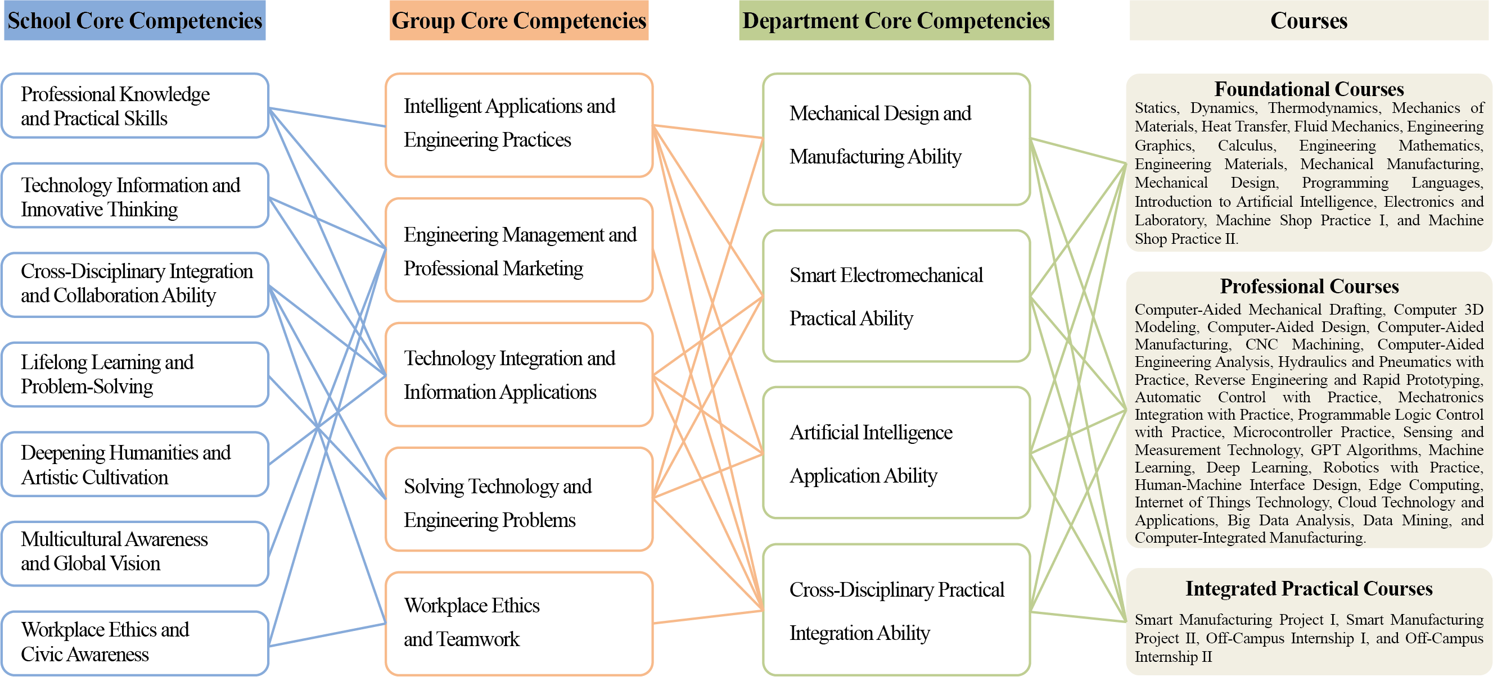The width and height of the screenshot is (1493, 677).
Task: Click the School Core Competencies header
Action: click(134, 21)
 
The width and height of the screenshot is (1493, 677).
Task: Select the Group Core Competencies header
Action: click(518, 21)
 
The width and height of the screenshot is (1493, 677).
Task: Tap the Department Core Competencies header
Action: click(896, 21)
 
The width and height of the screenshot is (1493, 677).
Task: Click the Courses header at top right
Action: click(1309, 21)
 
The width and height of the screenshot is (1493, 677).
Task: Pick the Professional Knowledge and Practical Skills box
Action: click(134, 106)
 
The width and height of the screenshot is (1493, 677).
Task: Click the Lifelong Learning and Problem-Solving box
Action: click(134, 374)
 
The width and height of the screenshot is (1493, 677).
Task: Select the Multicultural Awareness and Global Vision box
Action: click(134, 552)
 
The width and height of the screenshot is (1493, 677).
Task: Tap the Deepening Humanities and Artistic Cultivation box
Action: click(134, 465)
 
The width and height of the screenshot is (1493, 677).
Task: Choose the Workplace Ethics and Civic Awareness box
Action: click(134, 642)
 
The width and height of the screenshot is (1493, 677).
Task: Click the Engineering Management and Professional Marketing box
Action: click(518, 251)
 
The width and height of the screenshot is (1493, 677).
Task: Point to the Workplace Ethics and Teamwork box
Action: click(518, 623)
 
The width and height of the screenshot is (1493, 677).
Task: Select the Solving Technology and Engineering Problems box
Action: click(518, 503)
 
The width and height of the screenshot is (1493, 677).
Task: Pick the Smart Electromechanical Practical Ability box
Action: click(896, 297)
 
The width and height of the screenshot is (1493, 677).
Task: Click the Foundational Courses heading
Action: click(1309, 89)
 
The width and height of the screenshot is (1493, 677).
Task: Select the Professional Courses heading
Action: click(1309, 287)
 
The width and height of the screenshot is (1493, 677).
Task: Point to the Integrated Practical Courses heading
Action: click(1309, 588)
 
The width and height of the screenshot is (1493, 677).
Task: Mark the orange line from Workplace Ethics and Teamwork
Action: click(707, 616)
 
